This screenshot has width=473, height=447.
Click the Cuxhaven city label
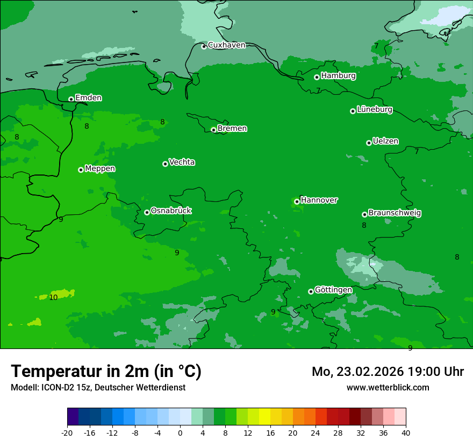(226, 45)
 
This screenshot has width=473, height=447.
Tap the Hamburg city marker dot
(317, 77)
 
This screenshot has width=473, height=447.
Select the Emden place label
(88, 98)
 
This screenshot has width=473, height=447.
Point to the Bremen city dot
(213, 130)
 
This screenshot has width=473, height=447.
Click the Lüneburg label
(374, 110)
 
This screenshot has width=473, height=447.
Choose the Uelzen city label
(385, 142)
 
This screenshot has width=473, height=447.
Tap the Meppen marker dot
(81, 170)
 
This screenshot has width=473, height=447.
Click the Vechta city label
(182, 162)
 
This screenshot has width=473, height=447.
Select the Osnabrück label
(171, 211)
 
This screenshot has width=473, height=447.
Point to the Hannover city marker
(297, 201)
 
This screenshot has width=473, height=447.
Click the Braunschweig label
(395, 213)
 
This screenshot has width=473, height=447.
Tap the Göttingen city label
(333, 290)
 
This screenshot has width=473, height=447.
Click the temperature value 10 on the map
(53, 297)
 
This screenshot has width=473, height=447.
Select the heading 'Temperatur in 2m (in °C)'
(106, 372)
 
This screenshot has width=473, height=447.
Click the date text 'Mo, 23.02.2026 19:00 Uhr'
(388, 372)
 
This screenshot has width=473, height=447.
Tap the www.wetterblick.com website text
(388, 388)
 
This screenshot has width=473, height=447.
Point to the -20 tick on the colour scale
(67, 433)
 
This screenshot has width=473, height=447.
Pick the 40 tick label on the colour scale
(406, 433)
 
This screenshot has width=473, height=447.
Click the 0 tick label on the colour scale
(180, 433)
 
